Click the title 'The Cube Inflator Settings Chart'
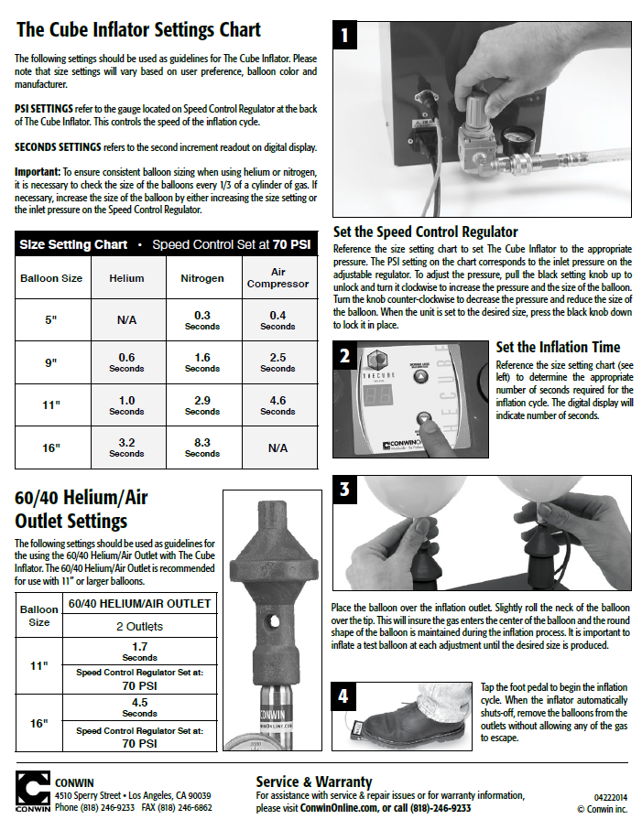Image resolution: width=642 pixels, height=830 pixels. pyautogui.click(x=138, y=30)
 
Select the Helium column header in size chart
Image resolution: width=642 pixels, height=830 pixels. pyautogui.click(x=126, y=277)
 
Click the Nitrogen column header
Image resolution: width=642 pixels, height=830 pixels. pyautogui.click(x=202, y=277)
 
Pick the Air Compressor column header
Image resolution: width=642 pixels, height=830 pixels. pyautogui.click(x=277, y=277)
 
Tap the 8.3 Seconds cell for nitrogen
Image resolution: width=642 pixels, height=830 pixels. pyautogui.click(x=202, y=447)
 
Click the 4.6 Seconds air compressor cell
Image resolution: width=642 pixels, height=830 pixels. pyautogui.click(x=277, y=405)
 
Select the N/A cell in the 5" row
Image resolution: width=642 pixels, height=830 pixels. pyautogui.click(x=126, y=321)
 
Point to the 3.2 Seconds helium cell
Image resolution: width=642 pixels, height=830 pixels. pyautogui.click(x=126, y=447)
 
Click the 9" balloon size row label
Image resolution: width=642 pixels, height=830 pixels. pyautogui.click(x=51, y=362)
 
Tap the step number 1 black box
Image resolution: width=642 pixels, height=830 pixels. pyautogui.click(x=344, y=36)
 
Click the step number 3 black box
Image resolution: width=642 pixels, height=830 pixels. pyautogui.click(x=344, y=490)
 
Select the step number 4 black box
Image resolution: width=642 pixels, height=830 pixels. pyautogui.click(x=344, y=696)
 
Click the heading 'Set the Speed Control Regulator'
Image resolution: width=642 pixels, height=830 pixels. pyautogui.click(x=425, y=232)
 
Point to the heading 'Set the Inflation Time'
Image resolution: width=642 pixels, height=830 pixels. pyautogui.click(x=557, y=347)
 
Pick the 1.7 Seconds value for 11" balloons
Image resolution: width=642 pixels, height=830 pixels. pyautogui.click(x=139, y=651)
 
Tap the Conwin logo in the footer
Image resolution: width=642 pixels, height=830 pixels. pyautogui.click(x=32, y=792)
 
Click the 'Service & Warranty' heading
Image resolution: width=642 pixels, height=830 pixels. pyautogui.click(x=313, y=781)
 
